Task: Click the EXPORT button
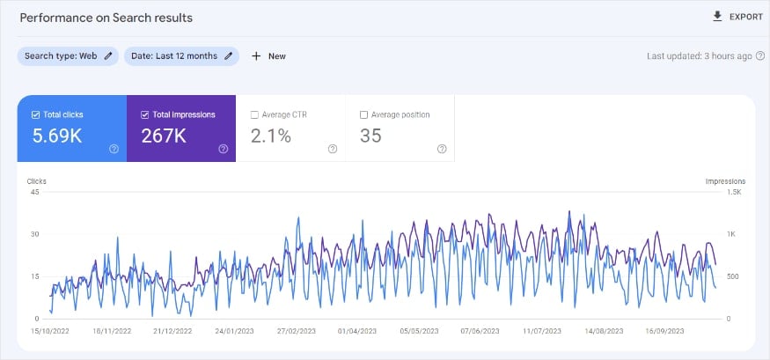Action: [737, 17]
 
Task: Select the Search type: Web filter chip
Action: [68, 56]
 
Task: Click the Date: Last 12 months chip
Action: [181, 56]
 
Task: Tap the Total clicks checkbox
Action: [35, 114]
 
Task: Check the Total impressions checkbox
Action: [145, 114]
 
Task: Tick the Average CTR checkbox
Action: [254, 114]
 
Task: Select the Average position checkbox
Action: [364, 114]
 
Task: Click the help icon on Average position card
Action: [442, 149]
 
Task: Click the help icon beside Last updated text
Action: [760, 56]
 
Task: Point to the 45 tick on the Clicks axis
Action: [35, 192]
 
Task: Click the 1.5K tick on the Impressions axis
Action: [734, 192]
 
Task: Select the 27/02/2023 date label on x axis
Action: [296, 332]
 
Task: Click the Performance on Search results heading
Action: [106, 18]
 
